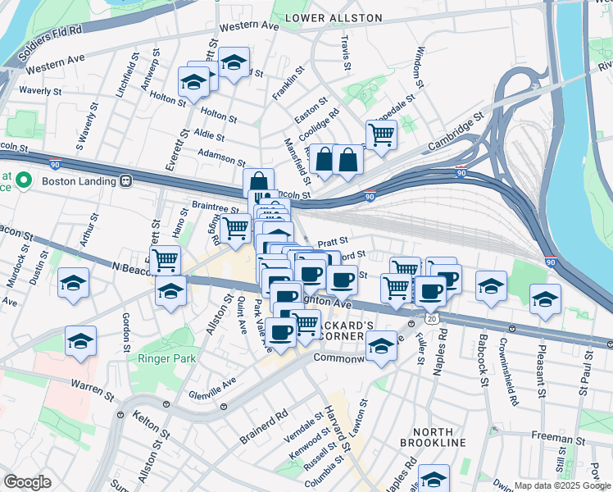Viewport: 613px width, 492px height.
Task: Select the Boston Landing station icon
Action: point(125,180)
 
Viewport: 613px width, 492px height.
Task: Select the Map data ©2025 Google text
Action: point(562,485)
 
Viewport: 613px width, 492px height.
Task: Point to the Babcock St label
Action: point(484,367)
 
